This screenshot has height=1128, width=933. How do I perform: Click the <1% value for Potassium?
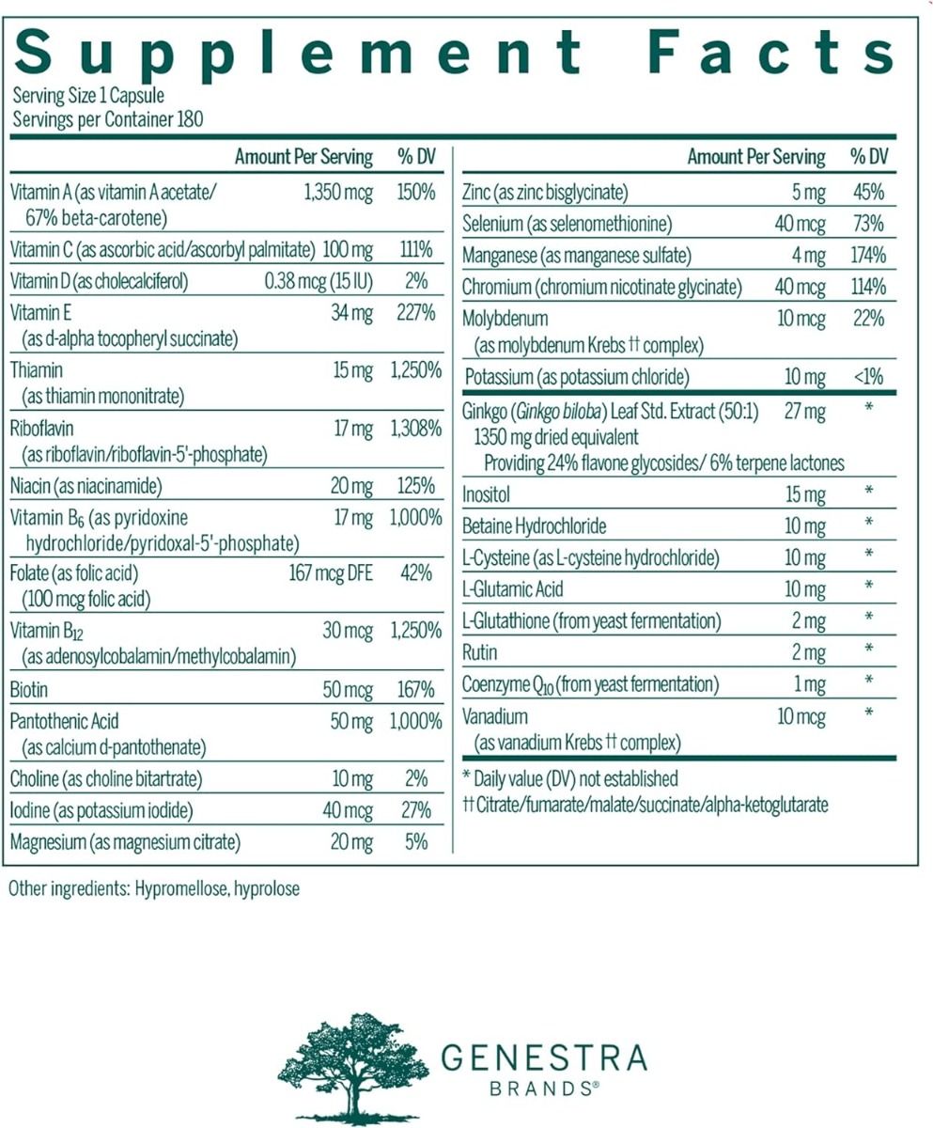tap(868, 378)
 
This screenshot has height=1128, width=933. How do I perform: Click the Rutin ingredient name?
tap(480, 650)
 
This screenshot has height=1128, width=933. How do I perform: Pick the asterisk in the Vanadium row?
tap(869, 713)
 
